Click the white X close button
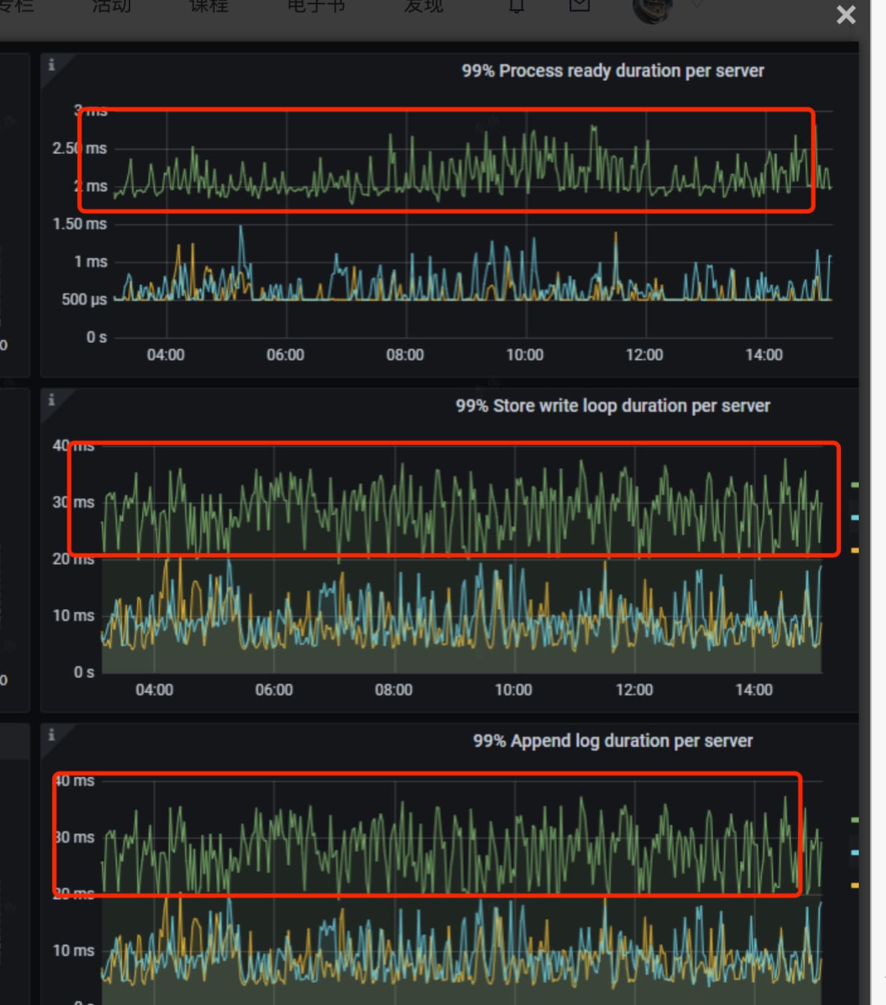pos(846,15)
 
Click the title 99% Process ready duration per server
pos(613,71)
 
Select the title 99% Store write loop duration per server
pos(613,406)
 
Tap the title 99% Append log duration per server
pos(613,741)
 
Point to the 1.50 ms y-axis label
pos(79,224)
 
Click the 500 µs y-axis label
pos(84,299)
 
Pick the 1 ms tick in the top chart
pos(90,262)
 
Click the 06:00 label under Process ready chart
pos(286,355)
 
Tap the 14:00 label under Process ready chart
pos(764,355)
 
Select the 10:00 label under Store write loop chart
pos(513,690)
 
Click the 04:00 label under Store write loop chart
pos(155,690)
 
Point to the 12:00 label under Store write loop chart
pos(634,690)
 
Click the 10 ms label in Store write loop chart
pos(74,616)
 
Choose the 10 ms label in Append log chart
pos(74,951)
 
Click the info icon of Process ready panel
pos(52,65)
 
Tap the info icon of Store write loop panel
pos(52,400)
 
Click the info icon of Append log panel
pos(52,735)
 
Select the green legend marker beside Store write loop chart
pos(855,485)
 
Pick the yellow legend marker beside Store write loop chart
pos(855,550)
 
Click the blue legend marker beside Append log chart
pos(855,853)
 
